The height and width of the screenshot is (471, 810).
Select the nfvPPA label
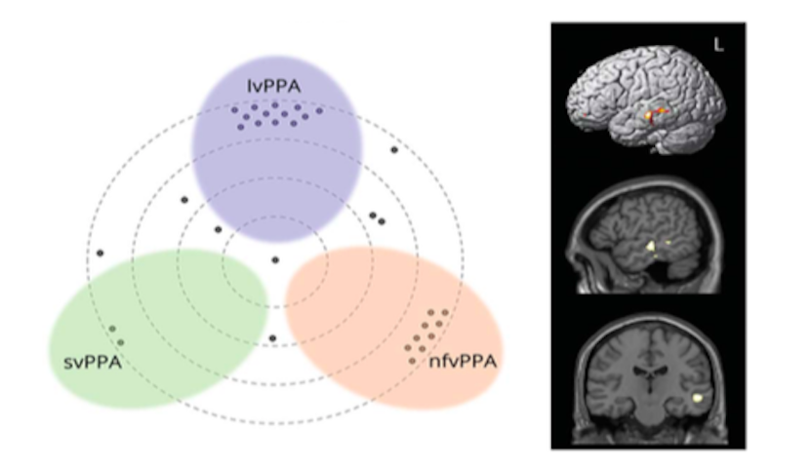tap(463, 363)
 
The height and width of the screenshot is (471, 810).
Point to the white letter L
tap(718, 46)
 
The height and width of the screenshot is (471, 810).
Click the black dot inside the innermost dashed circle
tap(275, 259)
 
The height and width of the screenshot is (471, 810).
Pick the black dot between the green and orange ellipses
tap(272, 337)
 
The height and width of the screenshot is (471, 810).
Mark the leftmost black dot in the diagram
tap(100, 254)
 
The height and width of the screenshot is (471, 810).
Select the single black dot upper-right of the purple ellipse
tap(394, 149)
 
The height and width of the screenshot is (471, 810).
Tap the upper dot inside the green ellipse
tap(112, 328)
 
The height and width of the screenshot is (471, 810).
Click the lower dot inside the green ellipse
tap(121, 341)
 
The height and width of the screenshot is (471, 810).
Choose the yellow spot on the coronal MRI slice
tap(699, 398)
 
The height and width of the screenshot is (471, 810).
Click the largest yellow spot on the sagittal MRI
tap(649, 249)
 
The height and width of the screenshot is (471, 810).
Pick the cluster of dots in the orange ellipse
tap(429, 332)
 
